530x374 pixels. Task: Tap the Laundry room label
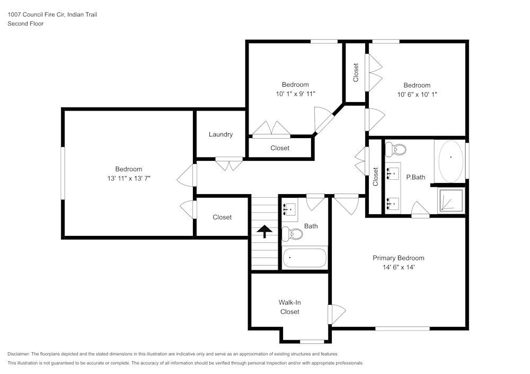coord(220,134)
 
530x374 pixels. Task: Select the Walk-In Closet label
coord(289,307)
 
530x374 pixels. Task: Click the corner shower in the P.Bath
coord(450,201)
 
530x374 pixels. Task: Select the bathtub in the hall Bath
coord(304,258)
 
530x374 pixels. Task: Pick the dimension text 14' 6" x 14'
coord(398,267)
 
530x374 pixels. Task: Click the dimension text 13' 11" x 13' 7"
coord(129,179)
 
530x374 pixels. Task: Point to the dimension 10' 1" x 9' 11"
coord(295,94)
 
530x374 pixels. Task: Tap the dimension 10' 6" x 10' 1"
coord(417,95)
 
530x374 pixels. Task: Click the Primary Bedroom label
coord(398,258)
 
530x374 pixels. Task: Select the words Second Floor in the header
coord(25,24)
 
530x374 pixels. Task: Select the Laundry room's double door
coord(229,164)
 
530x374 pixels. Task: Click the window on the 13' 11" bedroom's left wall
coord(63,173)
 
